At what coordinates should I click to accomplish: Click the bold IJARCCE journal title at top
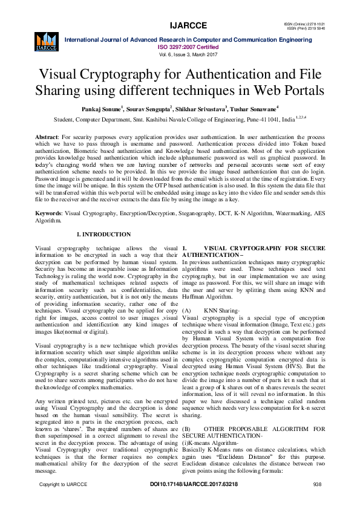pyautogui.click(x=188, y=25)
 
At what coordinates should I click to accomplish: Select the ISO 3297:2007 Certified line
pyautogui.click(x=188, y=46)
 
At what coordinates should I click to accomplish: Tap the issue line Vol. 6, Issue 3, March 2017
pyautogui.click(x=188, y=54)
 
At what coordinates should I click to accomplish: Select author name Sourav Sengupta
pyautogui.click(x=151, y=109)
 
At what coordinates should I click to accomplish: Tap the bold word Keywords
pyautogui.click(x=48, y=214)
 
